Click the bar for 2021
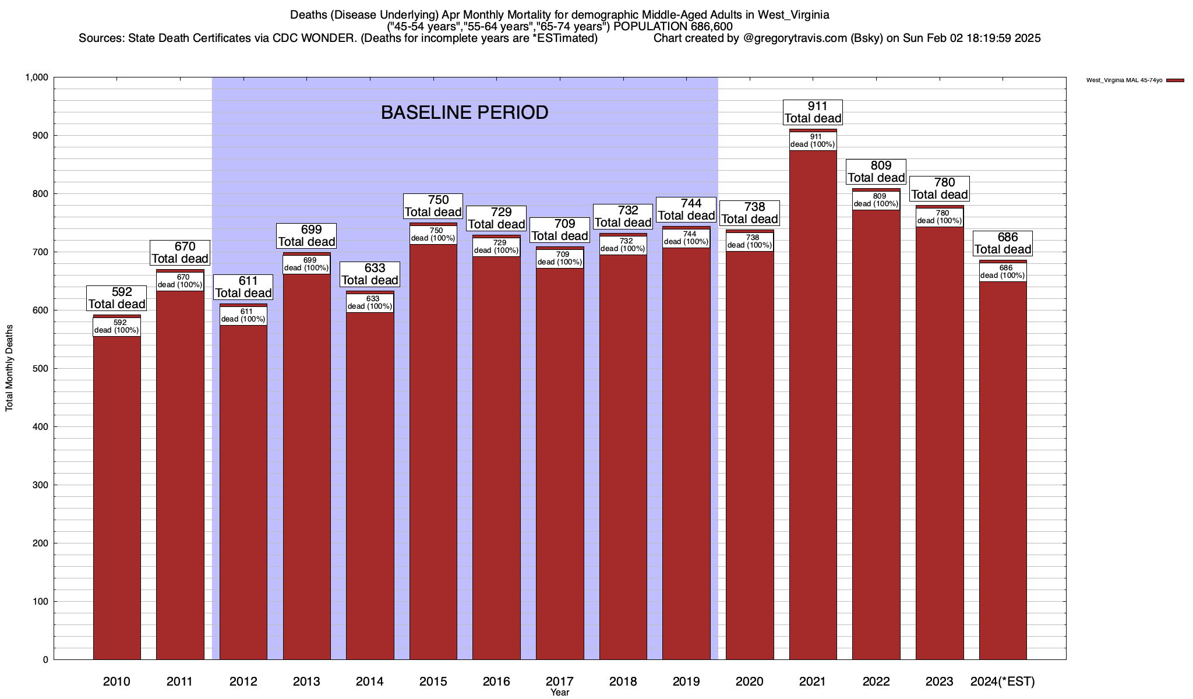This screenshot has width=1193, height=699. click(813, 408)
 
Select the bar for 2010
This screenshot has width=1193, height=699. click(117, 495)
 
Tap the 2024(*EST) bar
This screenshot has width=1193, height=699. click(1003, 466)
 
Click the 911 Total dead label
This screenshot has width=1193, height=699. click(813, 112)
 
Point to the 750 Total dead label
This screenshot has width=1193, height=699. click(433, 206)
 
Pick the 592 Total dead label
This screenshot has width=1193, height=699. click(117, 298)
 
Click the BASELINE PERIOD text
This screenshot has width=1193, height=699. click(464, 112)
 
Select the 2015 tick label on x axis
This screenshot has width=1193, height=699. click(433, 682)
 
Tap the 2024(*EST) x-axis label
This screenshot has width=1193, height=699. click(1003, 682)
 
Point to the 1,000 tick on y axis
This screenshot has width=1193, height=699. click(36, 77)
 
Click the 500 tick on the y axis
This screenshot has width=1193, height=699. click(41, 369)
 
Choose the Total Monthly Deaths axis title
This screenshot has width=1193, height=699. click(9, 368)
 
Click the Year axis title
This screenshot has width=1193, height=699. click(560, 693)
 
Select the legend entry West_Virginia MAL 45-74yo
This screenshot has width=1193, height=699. click(1124, 80)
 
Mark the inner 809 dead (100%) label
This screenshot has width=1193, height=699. click(876, 200)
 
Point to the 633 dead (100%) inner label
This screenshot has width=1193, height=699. click(370, 303)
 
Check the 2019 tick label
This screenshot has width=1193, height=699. click(686, 682)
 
